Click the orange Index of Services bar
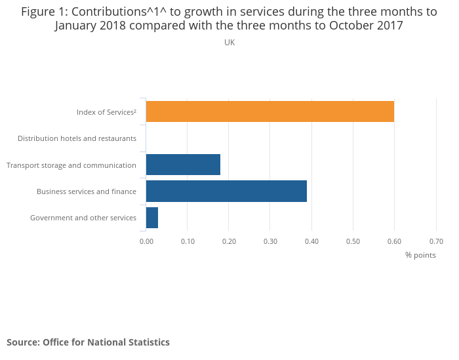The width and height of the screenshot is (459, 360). pyautogui.click(x=270, y=111)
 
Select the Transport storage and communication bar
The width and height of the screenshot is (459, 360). pyautogui.click(x=183, y=165)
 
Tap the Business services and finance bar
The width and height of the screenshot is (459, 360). pyautogui.click(x=226, y=191)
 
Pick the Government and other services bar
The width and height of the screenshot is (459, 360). pyautogui.click(x=152, y=218)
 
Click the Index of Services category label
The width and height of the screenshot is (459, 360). pyautogui.click(x=106, y=112)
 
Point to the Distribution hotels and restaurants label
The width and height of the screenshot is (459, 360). pyautogui.click(x=77, y=138)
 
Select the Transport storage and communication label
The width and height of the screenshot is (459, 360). pyautogui.click(x=71, y=165)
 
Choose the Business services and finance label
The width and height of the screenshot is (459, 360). pyautogui.click(x=87, y=191)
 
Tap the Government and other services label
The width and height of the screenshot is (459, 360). pyautogui.click(x=83, y=218)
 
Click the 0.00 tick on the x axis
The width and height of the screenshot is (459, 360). pyautogui.click(x=146, y=241)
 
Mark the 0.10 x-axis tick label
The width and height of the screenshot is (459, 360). pyautogui.click(x=188, y=241)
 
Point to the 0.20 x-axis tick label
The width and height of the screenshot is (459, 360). pyautogui.click(x=229, y=241)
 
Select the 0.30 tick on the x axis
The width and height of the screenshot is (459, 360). pyautogui.click(x=270, y=241)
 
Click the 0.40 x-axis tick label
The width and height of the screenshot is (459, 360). pyautogui.click(x=311, y=241)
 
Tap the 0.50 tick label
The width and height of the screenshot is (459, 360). pyautogui.click(x=353, y=241)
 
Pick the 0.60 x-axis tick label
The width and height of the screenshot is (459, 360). pyautogui.click(x=394, y=241)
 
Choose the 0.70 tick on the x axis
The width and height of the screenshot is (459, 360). pyautogui.click(x=435, y=241)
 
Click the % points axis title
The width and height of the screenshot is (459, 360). pyautogui.click(x=420, y=255)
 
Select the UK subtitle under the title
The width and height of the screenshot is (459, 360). pyautogui.click(x=229, y=43)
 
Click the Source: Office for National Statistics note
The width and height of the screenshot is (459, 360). pyautogui.click(x=88, y=342)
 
